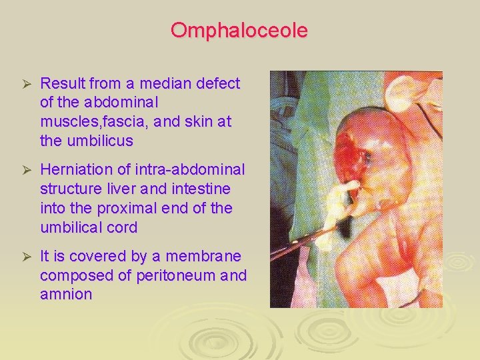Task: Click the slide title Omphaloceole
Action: [239, 31]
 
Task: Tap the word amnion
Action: [66, 295]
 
